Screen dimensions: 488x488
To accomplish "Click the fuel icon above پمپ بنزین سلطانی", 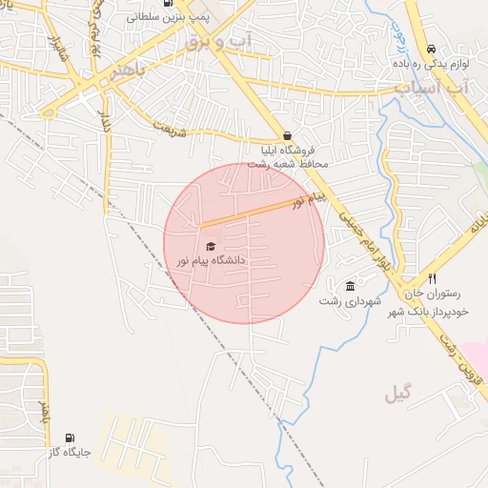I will (x=169, y=3).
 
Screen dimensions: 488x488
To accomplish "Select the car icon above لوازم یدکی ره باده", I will (x=431, y=49).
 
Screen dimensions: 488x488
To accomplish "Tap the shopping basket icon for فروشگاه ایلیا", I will (x=287, y=134).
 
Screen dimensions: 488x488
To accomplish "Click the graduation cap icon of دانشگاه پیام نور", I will (x=211, y=246).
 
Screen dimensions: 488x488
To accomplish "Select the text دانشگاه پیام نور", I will (x=211, y=260).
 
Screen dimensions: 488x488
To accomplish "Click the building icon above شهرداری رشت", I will (x=351, y=286).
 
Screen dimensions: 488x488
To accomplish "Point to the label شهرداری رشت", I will (x=351, y=301).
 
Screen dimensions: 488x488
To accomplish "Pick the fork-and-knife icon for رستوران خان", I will (x=432, y=279).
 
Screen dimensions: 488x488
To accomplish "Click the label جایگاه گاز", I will (x=71, y=453).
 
